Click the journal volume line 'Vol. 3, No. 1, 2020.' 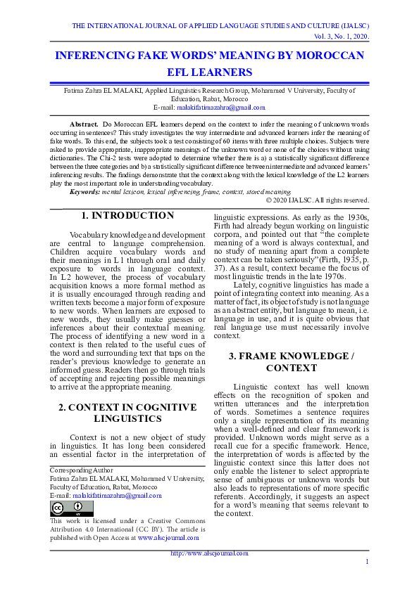pyautogui.click(x=341, y=36)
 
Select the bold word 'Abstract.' pyautogui.click(x=85, y=123)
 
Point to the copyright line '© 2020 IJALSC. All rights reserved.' pyautogui.click(x=308, y=200)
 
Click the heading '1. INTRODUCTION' pyautogui.click(x=127, y=216)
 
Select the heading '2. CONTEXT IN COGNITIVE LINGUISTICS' pyautogui.click(x=127, y=413)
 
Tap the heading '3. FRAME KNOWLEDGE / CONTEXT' pyautogui.click(x=292, y=362)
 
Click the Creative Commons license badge pyautogui.click(x=62, y=508)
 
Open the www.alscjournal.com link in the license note pyautogui.click(x=168, y=537)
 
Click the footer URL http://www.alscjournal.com pyautogui.click(x=209, y=553)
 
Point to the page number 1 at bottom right pyautogui.click(x=367, y=561)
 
